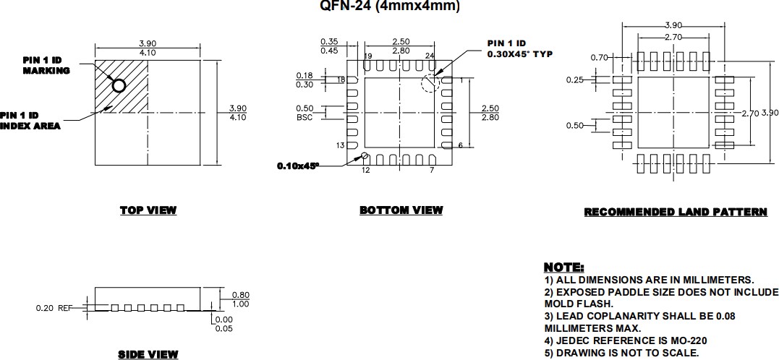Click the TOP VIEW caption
pos(148,210)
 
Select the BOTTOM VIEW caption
pos(401,210)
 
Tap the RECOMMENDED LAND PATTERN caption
pos(675,212)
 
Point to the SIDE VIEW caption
pos(148,354)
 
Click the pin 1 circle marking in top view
pos(119,85)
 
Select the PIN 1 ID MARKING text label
pos(46,65)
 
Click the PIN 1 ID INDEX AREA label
pos(30,121)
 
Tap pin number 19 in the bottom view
pos(368,56)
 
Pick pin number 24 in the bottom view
pos(430,56)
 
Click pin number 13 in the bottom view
pos(339,146)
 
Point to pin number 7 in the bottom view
pos(431,170)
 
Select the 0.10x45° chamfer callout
pos(298,166)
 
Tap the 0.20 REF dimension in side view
pos(55,308)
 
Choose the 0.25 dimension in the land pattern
pos(574,80)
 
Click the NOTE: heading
pos(563,268)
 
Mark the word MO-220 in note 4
pos(688,340)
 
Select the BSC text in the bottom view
pos(305,118)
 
